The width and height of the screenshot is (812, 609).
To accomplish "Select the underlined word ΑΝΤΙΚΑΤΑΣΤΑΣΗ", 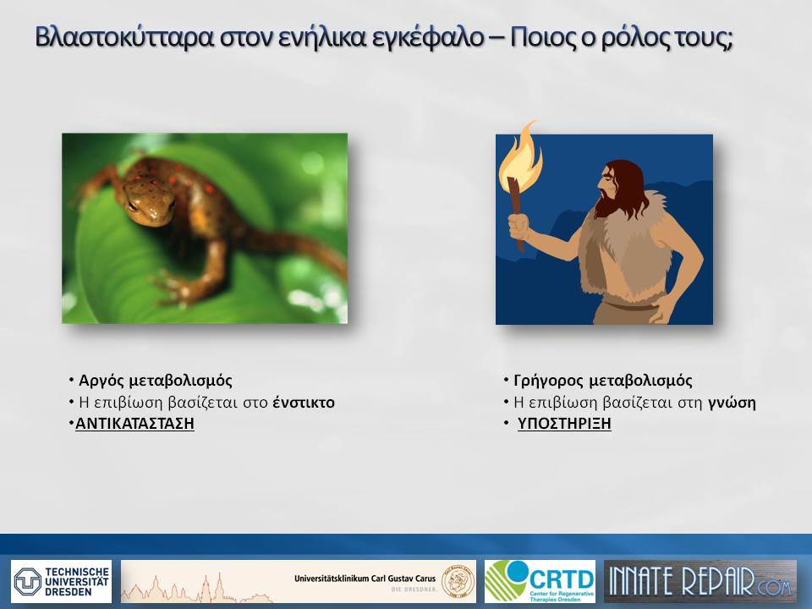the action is coord(134,423).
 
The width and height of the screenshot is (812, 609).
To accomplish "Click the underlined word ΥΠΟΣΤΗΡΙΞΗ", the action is coord(564,423).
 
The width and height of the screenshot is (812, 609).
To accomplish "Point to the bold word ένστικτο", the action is coord(304,402).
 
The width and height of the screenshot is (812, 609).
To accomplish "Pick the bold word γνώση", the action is coord(731,403).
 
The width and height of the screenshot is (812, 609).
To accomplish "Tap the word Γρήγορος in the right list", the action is coord(548,381).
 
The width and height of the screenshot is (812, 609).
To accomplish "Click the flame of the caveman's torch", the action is coord(520,155).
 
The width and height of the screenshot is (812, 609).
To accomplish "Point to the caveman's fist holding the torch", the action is coord(518,227).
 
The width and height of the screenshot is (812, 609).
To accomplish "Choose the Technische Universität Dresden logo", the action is coord(61,581).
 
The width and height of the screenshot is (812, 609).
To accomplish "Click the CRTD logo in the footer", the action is coord(540,581).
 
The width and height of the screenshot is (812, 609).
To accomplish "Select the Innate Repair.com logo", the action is coord(700,581).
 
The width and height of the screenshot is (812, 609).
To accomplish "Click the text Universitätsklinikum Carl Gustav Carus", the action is coord(365,579).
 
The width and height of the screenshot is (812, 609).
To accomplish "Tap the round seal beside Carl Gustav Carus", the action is coord(458,581).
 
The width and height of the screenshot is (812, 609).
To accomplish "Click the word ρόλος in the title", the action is coord(628,38).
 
